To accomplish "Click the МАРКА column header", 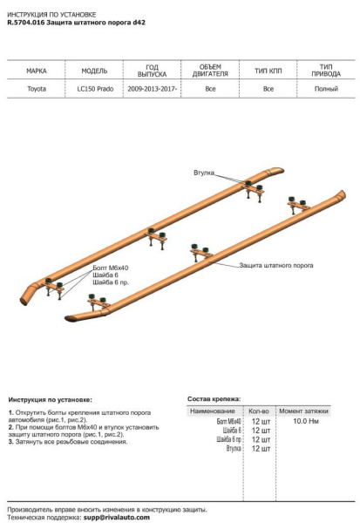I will tap(37, 71).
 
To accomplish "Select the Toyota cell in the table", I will tap(37, 89).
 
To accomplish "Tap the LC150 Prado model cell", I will tap(94, 89).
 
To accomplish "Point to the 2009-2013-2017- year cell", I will tap(151, 89).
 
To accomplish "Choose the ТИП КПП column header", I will tap(268, 71).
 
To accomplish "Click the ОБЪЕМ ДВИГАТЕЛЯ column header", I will tap(210, 71).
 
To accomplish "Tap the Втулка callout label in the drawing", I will tap(204, 173).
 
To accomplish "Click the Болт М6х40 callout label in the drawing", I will tap(109, 268).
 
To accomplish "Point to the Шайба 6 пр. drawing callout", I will tap(110, 284).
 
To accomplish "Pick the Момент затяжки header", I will tap(303, 410).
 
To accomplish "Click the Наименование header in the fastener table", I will tap(213, 410).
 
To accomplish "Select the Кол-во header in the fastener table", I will tap(260, 410).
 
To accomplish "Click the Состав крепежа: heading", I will tap(214, 397).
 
